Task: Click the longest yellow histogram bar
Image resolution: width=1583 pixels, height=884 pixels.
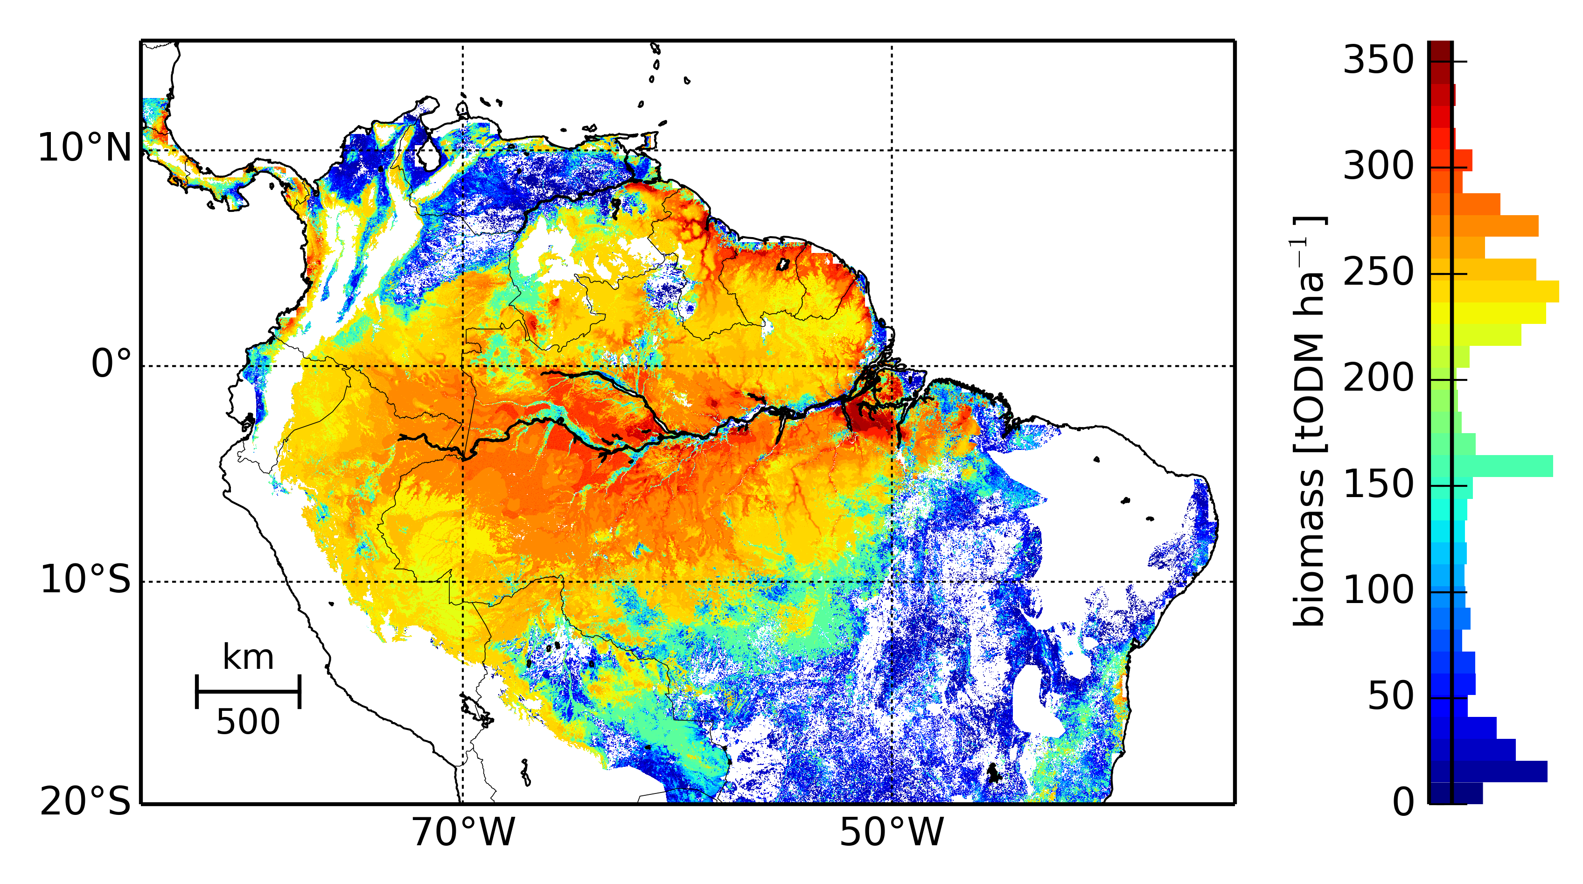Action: point(1506,291)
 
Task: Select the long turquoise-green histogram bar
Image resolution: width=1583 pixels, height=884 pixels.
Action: point(1502,466)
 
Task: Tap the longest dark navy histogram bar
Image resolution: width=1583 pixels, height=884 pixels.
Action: point(1499,772)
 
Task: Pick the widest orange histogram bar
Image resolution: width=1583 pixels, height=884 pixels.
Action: point(1496,225)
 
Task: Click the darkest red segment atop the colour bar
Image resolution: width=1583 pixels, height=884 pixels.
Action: point(1440,50)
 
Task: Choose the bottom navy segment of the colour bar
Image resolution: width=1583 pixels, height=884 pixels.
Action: point(1440,793)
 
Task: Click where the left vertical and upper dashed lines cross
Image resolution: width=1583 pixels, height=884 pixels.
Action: point(463,366)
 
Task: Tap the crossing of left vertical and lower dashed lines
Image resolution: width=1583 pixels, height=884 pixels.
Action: point(463,582)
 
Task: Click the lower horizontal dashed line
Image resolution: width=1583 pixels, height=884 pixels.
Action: point(676,582)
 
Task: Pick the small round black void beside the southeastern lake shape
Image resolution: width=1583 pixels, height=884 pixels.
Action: point(1077,664)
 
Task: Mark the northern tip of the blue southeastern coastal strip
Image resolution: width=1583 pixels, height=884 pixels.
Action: point(1199,483)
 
